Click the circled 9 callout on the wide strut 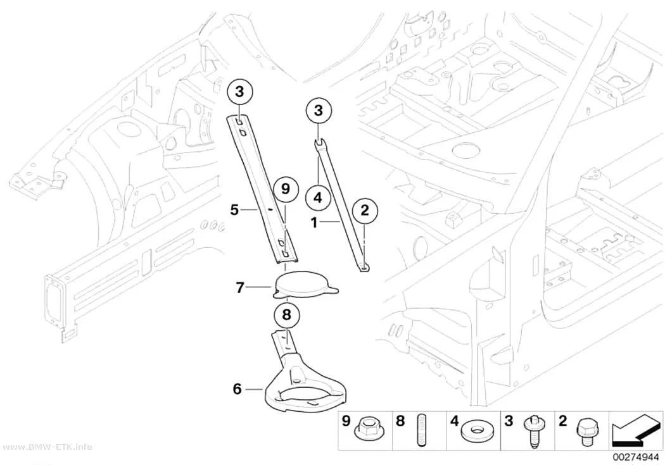pyautogui.click(x=286, y=189)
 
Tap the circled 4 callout pyautogui.click(x=318, y=197)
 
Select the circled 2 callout pyautogui.click(x=365, y=211)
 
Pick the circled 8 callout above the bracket pyautogui.click(x=287, y=315)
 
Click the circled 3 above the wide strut pyautogui.click(x=239, y=92)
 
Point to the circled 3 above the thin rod pyautogui.click(x=318, y=111)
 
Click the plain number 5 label pyautogui.click(x=234, y=209)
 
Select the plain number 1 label pyautogui.click(x=314, y=222)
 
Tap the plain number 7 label pyautogui.click(x=240, y=288)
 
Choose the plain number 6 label pyautogui.click(x=237, y=388)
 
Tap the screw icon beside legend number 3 pyautogui.click(x=532, y=431)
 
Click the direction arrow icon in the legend pyautogui.click(x=635, y=431)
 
